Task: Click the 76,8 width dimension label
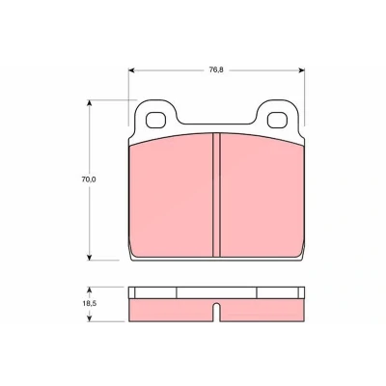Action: click(216, 70)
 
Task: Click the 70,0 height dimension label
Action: click(89, 179)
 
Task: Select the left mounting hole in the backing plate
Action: click(156, 121)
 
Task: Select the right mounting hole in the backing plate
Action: click(278, 121)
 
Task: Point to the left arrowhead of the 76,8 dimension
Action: click(131, 70)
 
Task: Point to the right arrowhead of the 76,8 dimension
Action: click(302, 70)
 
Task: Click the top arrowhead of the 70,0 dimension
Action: click(90, 103)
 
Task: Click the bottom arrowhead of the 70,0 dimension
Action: click(90, 257)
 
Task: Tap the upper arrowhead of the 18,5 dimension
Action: click(90, 289)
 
